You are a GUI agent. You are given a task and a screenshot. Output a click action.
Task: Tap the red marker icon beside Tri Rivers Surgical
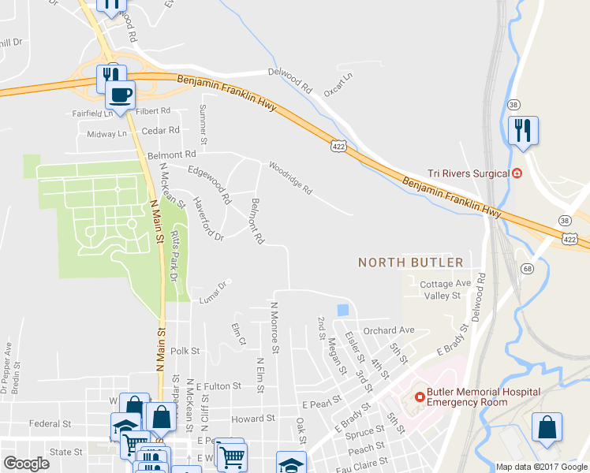tap(517, 173)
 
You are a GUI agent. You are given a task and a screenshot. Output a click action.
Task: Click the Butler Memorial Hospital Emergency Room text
tap(483, 396)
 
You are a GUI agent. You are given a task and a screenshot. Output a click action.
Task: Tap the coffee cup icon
tap(120, 96)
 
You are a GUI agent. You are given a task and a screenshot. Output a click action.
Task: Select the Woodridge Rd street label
tap(290, 179)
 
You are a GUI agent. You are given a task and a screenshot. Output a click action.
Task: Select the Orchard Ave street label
tap(388, 330)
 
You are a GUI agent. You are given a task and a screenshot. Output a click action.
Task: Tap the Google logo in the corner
tap(26, 463)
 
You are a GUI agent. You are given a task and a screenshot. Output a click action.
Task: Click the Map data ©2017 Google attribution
tap(541, 467)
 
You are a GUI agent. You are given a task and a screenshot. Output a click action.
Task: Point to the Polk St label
tap(184, 350)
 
